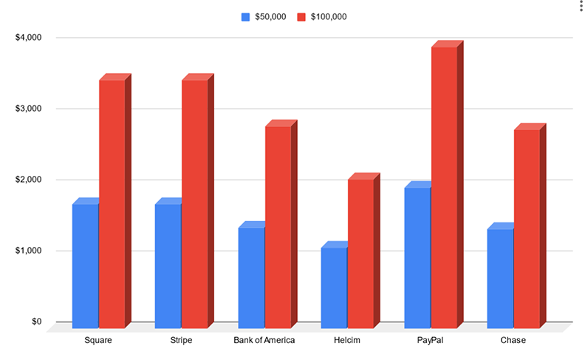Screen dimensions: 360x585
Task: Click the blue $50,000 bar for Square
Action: click(85, 264)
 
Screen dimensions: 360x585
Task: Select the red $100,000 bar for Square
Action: click(112, 202)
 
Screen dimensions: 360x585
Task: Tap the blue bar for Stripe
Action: click(168, 264)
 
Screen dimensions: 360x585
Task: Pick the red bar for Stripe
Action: click(195, 202)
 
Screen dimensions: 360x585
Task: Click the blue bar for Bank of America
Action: click(251, 276)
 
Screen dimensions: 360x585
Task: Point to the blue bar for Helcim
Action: click(334, 286)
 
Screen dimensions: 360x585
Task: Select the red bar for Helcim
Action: click(361, 252)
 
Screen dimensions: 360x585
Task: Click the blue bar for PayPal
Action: click(417, 256)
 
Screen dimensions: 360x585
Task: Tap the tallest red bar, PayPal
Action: click(445, 186)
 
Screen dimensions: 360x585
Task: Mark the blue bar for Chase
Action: click(500, 276)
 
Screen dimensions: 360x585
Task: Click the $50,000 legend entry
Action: click(264, 16)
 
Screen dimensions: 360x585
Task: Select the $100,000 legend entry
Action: click(322, 16)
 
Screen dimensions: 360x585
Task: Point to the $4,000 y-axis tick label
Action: click(28, 38)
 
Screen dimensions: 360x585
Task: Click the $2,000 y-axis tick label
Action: click(28, 180)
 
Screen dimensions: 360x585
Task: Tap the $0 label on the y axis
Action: click(35, 322)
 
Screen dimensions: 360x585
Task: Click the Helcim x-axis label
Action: click(347, 340)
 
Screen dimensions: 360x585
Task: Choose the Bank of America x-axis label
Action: click(264, 340)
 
